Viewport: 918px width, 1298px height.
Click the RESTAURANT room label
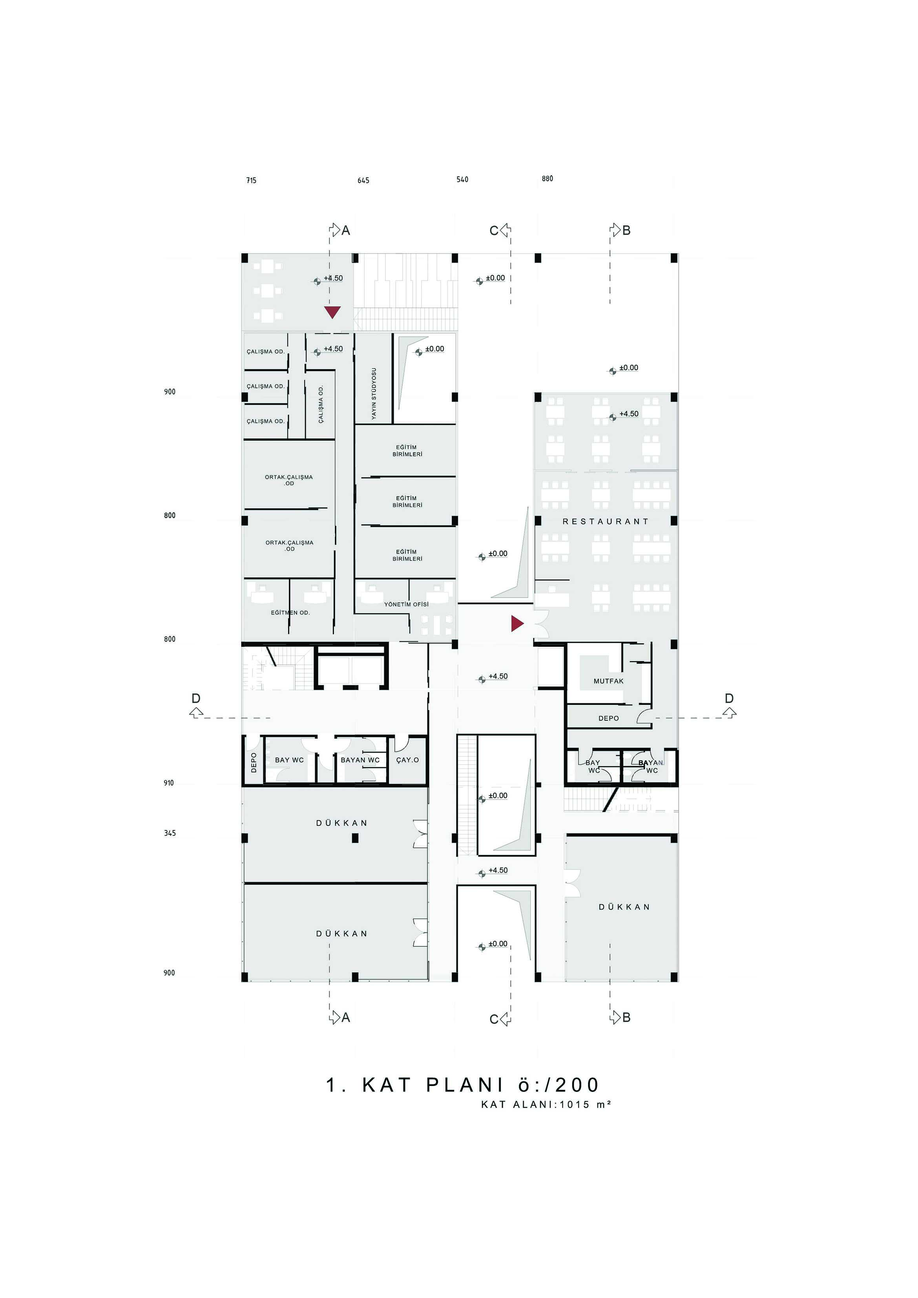[606, 521]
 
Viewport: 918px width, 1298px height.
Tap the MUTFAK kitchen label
[608, 681]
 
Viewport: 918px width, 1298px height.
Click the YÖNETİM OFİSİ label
[407, 604]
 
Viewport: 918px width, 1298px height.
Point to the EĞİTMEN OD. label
[290, 613]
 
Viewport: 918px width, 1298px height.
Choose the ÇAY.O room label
[407, 760]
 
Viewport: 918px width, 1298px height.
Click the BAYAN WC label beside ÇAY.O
[360, 760]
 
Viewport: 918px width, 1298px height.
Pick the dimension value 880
[547, 179]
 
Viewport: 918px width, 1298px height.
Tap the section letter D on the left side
[195, 698]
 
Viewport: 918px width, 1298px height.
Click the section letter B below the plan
[626, 1018]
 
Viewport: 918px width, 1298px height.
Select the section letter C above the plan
[493, 231]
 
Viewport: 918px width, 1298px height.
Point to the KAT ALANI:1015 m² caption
[546, 1104]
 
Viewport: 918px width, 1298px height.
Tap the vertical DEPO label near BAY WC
[253, 762]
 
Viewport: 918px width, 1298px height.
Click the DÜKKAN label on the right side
[624, 907]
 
